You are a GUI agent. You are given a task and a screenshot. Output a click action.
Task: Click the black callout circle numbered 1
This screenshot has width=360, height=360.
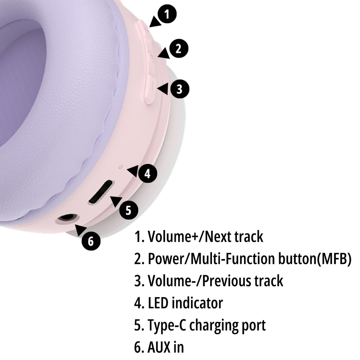167,14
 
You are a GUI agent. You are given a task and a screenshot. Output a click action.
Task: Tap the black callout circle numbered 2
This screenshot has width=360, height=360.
179,49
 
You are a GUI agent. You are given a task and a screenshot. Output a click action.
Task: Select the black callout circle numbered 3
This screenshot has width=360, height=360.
180,89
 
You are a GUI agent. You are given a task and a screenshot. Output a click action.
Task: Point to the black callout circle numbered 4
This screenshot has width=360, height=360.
147,173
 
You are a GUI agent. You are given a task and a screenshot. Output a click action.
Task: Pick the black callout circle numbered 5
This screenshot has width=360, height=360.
129,210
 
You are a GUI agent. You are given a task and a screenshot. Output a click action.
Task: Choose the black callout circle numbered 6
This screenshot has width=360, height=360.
91,241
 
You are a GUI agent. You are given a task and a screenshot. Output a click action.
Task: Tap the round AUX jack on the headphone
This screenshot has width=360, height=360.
68,219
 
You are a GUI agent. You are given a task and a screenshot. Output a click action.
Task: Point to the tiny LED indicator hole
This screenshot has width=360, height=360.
121,167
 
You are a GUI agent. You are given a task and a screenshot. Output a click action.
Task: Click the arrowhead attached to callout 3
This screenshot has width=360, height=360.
163,89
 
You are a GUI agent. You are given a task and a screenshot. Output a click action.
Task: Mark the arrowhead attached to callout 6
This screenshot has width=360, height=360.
81,230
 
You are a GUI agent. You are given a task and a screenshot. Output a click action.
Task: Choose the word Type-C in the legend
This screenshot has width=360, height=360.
167,326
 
